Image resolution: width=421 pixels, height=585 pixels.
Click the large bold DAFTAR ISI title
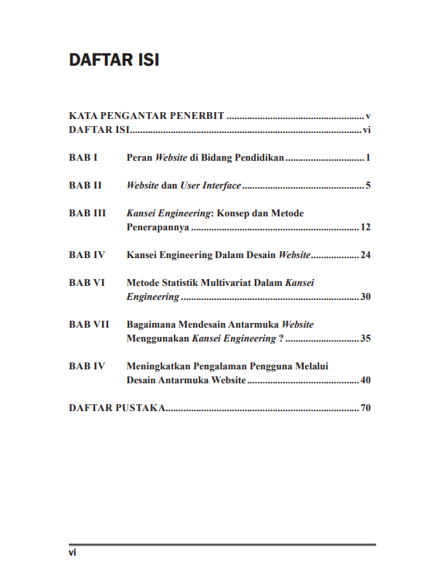114,60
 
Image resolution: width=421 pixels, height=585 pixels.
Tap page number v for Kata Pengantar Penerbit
369,116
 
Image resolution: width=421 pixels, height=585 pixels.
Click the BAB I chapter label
83,158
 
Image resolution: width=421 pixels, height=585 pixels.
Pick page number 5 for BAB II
369,186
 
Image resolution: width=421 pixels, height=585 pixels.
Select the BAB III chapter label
87,213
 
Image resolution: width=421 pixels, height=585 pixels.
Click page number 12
366,228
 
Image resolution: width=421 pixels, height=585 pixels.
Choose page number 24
366,255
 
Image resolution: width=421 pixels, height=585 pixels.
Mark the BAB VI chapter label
87,283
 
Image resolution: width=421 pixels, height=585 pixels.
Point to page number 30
366,297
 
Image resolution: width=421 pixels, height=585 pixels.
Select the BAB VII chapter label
89,325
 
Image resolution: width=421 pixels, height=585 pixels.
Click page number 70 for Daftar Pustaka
366,407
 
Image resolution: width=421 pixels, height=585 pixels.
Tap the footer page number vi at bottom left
72,553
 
